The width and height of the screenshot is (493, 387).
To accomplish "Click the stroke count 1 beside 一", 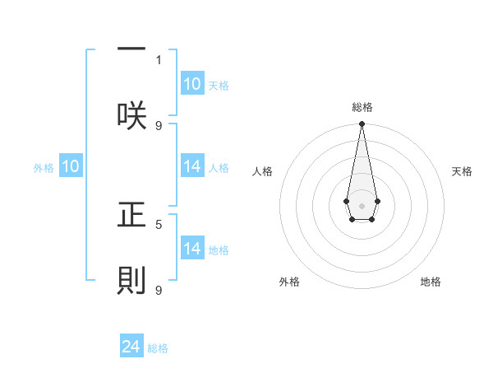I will (x=159, y=59).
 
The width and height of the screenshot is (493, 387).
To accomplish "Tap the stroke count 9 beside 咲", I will (x=159, y=125).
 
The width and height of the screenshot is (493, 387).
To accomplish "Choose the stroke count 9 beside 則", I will (x=159, y=290).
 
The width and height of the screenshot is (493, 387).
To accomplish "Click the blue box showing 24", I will (x=131, y=347).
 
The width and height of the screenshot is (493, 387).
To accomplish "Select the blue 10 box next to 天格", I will (x=192, y=84).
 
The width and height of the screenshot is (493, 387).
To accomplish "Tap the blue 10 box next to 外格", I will (x=71, y=166).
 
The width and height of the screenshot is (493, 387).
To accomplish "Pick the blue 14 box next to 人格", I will (x=192, y=166).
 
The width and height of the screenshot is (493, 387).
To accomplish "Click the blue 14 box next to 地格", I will (x=192, y=249).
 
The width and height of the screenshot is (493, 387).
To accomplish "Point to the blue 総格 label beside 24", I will (x=158, y=348).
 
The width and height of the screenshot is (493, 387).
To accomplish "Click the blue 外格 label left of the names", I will (x=44, y=168).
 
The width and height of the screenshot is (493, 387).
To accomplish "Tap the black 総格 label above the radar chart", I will (x=362, y=107).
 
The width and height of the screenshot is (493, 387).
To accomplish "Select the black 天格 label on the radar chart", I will (x=462, y=171).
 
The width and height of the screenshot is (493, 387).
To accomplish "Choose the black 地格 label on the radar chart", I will (x=431, y=282).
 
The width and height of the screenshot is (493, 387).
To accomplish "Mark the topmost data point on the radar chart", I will (x=362, y=124).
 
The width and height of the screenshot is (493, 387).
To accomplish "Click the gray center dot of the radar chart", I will (x=362, y=205).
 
